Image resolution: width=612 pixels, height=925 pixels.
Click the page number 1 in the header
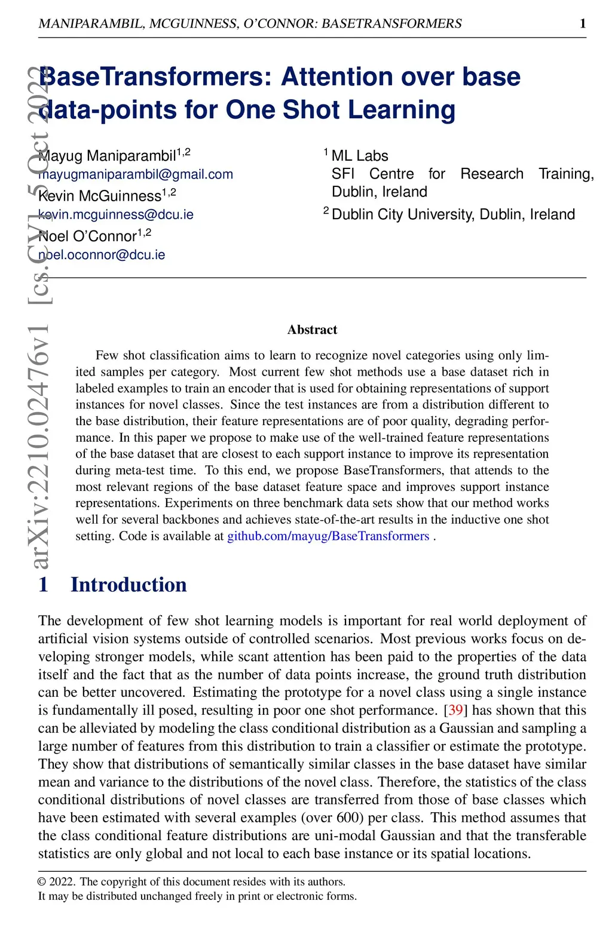(x=583, y=23)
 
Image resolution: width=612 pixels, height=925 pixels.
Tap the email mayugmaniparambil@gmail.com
(x=136, y=174)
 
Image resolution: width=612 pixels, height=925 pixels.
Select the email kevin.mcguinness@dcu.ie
(x=116, y=214)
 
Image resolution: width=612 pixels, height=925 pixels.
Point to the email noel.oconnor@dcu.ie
(x=102, y=254)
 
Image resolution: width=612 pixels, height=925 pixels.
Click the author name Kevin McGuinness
(x=100, y=196)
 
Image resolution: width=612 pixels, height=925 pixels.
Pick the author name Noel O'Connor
(x=87, y=236)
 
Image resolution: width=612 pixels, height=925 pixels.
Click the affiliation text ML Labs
(x=360, y=156)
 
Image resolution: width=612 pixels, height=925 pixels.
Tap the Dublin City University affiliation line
(x=453, y=214)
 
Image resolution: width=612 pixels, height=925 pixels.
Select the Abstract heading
(x=312, y=330)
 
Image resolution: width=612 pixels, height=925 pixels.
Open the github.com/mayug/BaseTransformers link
(x=328, y=536)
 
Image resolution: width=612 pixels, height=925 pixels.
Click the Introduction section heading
(x=128, y=585)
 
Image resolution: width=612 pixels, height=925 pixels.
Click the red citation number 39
(x=455, y=710)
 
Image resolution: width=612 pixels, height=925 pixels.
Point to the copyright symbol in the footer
(x=42, y=882)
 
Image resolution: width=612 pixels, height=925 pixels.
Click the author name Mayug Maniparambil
(x=107, y=156)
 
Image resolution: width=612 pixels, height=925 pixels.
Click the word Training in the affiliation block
(x=565, y=174)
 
